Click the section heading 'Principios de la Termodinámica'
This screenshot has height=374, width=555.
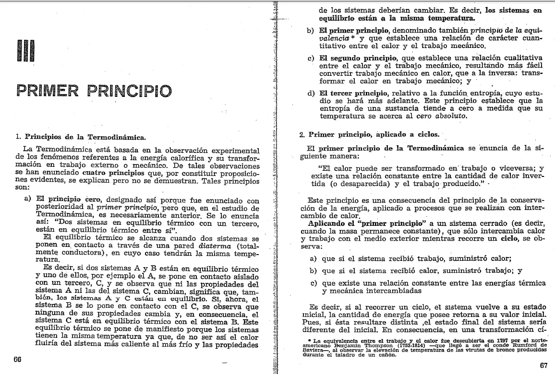click(84, 137)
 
